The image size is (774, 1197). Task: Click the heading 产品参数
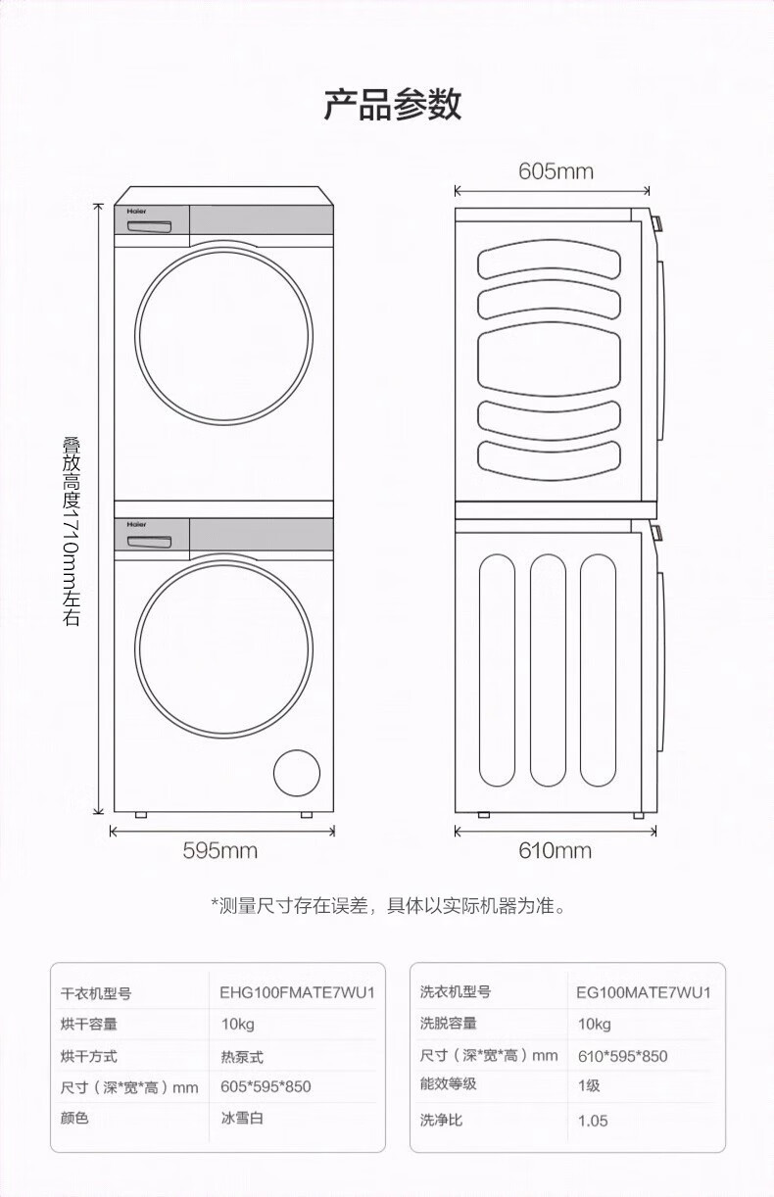tap(392, 104)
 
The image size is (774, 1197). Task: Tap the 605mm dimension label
tap(556, 171)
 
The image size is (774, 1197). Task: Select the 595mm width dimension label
tap(220, 850)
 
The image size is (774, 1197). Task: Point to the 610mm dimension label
tap(555, 850)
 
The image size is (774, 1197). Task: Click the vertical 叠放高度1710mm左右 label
tap(72, 531)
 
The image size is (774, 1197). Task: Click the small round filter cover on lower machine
tap(296, 774)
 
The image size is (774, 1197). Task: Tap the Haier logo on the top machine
tap(135, 211)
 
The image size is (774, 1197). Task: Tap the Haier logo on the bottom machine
tap(135, 525)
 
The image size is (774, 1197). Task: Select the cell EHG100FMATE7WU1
tap(297, 992)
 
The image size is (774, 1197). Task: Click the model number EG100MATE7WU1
tap(644, 992)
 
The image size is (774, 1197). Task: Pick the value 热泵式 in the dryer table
tap(242, 1057)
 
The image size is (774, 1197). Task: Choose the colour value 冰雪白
tap(242, 1118)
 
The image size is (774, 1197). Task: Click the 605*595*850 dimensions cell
tap(266, 1087)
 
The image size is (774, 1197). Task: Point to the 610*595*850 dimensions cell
tap(622, 1056)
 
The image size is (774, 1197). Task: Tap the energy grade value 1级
tap(589, 1085)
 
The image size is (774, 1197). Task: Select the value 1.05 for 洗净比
tap(593, 1120)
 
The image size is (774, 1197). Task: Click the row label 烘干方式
tap(89, 1057)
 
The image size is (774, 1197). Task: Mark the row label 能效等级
tap(449, 1084)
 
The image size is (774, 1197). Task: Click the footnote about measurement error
tap(389, 905)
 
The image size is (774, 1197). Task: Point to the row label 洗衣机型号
tap(456, 992)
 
